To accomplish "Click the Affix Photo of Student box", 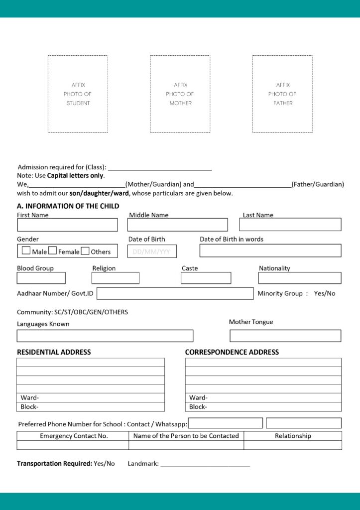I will click(x=78, y=94).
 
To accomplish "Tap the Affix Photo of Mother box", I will click(x=180, y=94).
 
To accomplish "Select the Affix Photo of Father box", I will click(x=282, y=94).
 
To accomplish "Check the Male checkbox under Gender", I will click(x=26, y=251).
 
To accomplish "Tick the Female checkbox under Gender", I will click(x=53, y=251).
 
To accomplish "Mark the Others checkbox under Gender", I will click(x=85, y=251).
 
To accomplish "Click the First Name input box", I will click(x=67, y=225).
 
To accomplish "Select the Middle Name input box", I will click(x=177, y=225).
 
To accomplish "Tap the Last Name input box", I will click(x=290, y=225).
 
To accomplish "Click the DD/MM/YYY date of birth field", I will click(x=152, y=252).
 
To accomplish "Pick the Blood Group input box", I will click(x=41, y=278).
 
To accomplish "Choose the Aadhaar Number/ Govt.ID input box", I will click(x=175, y=293).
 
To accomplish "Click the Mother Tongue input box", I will click(x=285, y=336).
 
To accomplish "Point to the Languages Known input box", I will click(x=105, y=336).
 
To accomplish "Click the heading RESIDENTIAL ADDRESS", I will click(x=54, y=352).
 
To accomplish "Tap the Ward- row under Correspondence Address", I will click(x=263, y=397).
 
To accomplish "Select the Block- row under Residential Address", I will click(x=90, y=407).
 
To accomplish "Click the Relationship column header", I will click(x=293, y=436).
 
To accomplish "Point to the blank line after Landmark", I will click(x=205, y=464).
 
